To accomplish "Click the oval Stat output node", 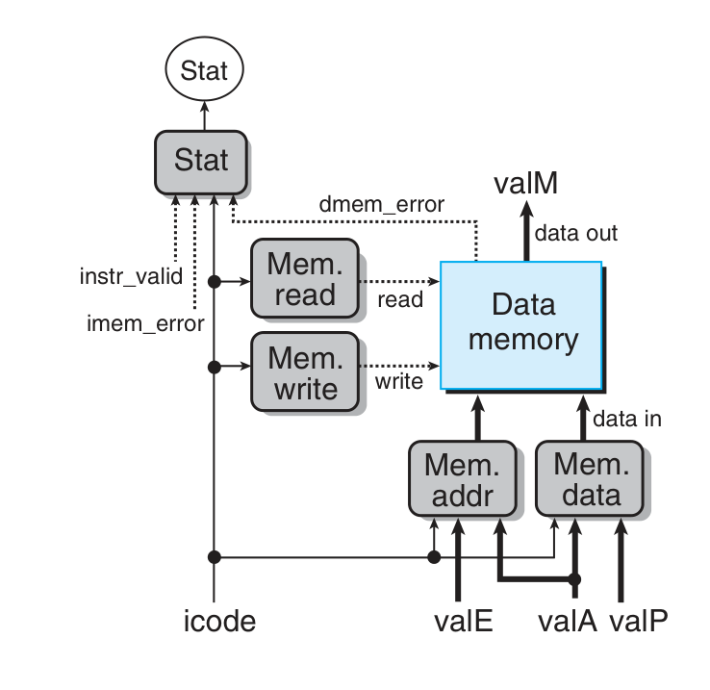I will (x=204, y=70).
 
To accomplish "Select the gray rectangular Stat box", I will (x=201, y=161).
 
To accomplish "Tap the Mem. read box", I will (x=303, y=280).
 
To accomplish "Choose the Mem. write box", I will (x=303, y=372).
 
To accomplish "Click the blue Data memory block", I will (x=522, y=323).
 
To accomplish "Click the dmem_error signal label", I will (x=382, y=205).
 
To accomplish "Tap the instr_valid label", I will (x=131, y=278).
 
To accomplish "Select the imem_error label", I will (x=145, y=323).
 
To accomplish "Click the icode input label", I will (x=219, y=621).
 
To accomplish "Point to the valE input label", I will (x=458, y=621).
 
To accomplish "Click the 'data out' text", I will (x=576, y=233).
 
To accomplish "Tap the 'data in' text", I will (x=626, y=419).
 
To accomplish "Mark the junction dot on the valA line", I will (x=575, y=579).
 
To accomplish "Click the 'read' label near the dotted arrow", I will (x=400, y=299).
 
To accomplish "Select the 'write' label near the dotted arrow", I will (x=398, y=383).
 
